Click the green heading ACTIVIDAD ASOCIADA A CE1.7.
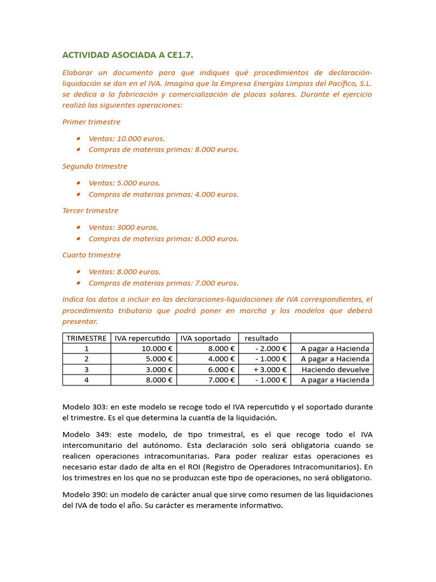(x=128, y=55)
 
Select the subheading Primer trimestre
(x=91, y=122)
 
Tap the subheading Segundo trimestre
(x=95, y=167)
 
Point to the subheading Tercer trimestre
(x=91, y=211)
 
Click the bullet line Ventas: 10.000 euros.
(x=127, y=139)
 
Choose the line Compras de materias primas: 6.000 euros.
(x=163, y=239)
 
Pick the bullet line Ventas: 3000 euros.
(x=123, y=227)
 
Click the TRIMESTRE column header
(x=86, y=338)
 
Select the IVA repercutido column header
(x=142, y=338)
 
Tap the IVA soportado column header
(x=206, y=338)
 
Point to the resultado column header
(x=262, y=338)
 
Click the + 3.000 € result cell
(x=270, y=369)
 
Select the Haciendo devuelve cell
(x=335, y=369)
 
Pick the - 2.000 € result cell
(x=271, y=348)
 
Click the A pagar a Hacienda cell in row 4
(x=335, y=380)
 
